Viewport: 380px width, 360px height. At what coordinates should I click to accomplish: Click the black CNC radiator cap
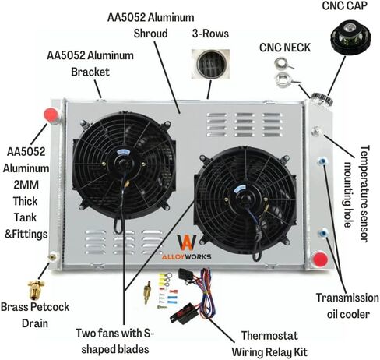click(x=350, y=39)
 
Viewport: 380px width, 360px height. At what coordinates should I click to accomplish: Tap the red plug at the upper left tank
click(x=51, y=115)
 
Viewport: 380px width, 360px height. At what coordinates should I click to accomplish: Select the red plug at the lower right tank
click(x=320, y=259)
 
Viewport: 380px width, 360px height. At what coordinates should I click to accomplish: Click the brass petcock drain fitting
click(x=36, y=290)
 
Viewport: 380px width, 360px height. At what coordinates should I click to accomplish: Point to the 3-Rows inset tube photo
click(x=210, y=64)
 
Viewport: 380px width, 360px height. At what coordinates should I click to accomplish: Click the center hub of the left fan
click(x=124, y=164)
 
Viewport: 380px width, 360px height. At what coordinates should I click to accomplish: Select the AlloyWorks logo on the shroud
click(x=186, y=247)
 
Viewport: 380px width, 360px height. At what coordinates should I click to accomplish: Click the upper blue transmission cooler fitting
click(x=322, y=161)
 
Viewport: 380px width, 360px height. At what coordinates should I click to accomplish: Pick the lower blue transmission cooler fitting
click(x=322, y=232)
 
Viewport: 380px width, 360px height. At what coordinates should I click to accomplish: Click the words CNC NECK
click(x=285, y=48)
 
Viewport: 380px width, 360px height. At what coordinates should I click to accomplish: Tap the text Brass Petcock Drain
click(x=35, y=315)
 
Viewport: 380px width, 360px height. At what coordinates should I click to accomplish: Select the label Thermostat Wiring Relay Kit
click(x=269, y=344)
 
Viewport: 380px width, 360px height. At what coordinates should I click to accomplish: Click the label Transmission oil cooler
click(x=347, y=306)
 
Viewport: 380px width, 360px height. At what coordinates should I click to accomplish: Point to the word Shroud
click(x=150, y=34)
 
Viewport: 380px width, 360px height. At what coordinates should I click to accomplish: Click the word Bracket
click(x=90, y=72)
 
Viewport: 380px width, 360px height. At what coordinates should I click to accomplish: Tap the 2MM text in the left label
click(x=26, y=185)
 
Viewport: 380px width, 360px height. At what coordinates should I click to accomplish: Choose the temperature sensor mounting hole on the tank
click(x=317, y=131)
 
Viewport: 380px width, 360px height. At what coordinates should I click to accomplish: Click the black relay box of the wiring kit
click(x=182, y=313)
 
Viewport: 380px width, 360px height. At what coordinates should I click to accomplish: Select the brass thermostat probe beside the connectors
click(x=147, y=292)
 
